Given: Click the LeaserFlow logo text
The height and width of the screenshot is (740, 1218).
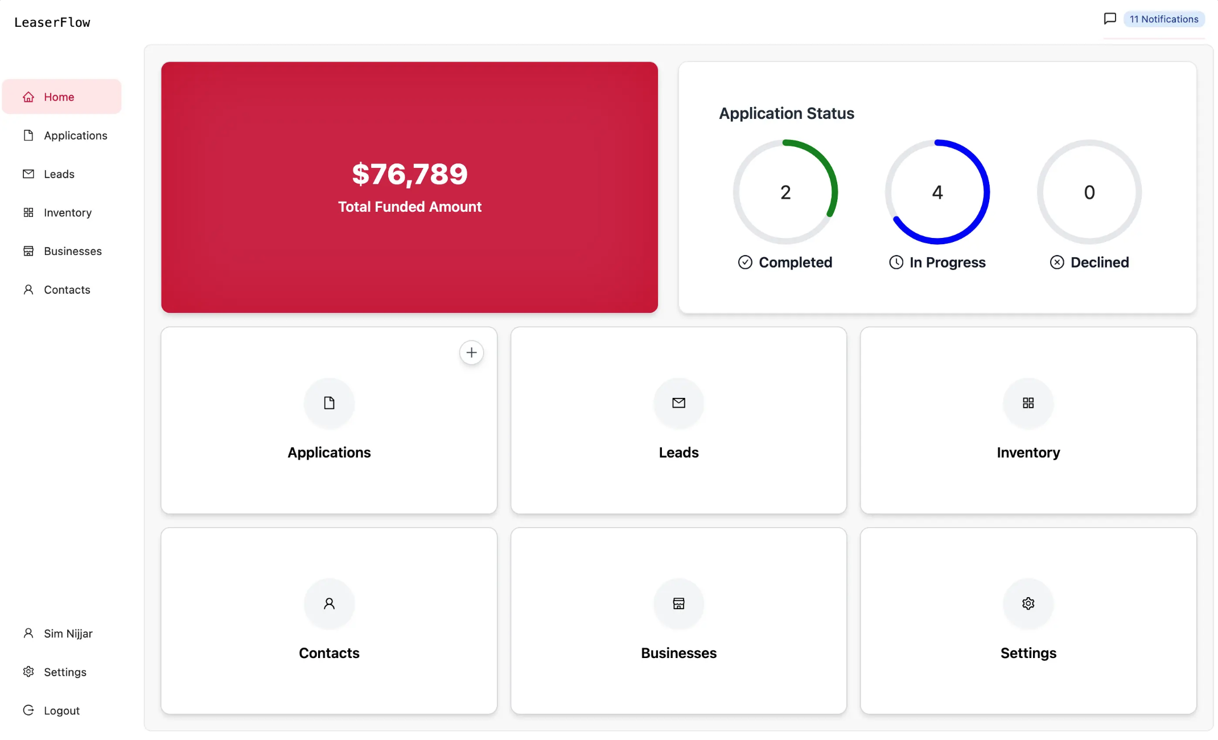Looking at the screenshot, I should pyautogui.click(x=52, y=22).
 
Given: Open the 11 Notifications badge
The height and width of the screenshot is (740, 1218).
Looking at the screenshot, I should pyautogui.click(x=1163, y=19).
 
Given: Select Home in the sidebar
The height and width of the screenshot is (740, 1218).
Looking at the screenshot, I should pyautogui.click(x=59, y=97).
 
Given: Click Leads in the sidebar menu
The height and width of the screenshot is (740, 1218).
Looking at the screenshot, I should pyautogui.click(x=59, y=174).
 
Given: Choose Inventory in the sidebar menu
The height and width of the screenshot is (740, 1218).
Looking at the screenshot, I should pyautogui.click(x=67, y=213).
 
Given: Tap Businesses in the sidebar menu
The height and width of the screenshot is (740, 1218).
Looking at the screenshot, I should pyautogui.click(x=72, y=251).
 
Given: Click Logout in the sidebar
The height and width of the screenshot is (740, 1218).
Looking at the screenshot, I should pyautogui.click(x=61, y=710).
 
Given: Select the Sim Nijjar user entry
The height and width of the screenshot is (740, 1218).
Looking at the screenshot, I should pyautogui.click(x=68, y=634).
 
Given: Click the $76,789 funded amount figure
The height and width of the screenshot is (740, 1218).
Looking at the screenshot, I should pyautogui.click(x=410, y=174).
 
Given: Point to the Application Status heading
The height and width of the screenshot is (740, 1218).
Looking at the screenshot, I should pyautogui.click(x=787, y=113).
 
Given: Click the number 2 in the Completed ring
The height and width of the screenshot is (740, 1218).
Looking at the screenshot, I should pyautogui.click(x=785, y=192).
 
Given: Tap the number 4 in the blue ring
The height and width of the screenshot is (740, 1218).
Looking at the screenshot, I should pyautogui.click(x=937, y=192).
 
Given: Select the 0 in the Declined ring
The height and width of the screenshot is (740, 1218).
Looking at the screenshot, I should pyautogui.click(x=1089, y=192).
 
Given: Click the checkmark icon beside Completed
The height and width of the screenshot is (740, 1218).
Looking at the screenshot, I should pyautogui.click(x=745, y=262).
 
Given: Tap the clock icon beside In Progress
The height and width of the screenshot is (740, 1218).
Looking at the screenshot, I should pyautogui.click(x=896, y=262).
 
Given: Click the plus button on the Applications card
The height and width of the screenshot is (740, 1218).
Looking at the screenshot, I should pyautogui.click(x=471, y=353).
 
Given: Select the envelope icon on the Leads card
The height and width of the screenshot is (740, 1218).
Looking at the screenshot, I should pyautogui.click(x=678, y=403).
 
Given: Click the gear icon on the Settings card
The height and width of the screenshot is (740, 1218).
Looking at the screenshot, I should pyautogui.click(x=1028, y=603).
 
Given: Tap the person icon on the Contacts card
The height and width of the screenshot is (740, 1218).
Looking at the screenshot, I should pyautogui.click(x=329, y=603).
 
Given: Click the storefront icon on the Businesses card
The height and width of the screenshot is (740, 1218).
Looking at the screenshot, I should pyautogui.click(x=678, y=603).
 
